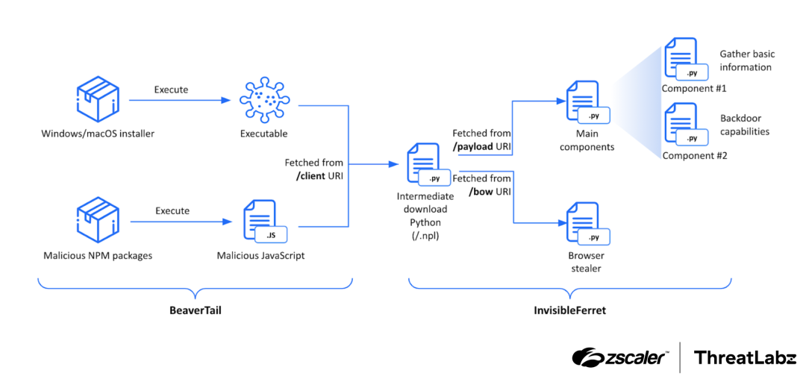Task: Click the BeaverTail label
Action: tap(195, 310)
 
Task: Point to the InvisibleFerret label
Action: tap(570, 310)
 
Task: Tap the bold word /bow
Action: tap(481, 192)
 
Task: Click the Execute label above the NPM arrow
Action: tap(172, 210)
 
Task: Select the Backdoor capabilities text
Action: tap(744, 125)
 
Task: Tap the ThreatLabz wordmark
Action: tap(744, 357)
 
